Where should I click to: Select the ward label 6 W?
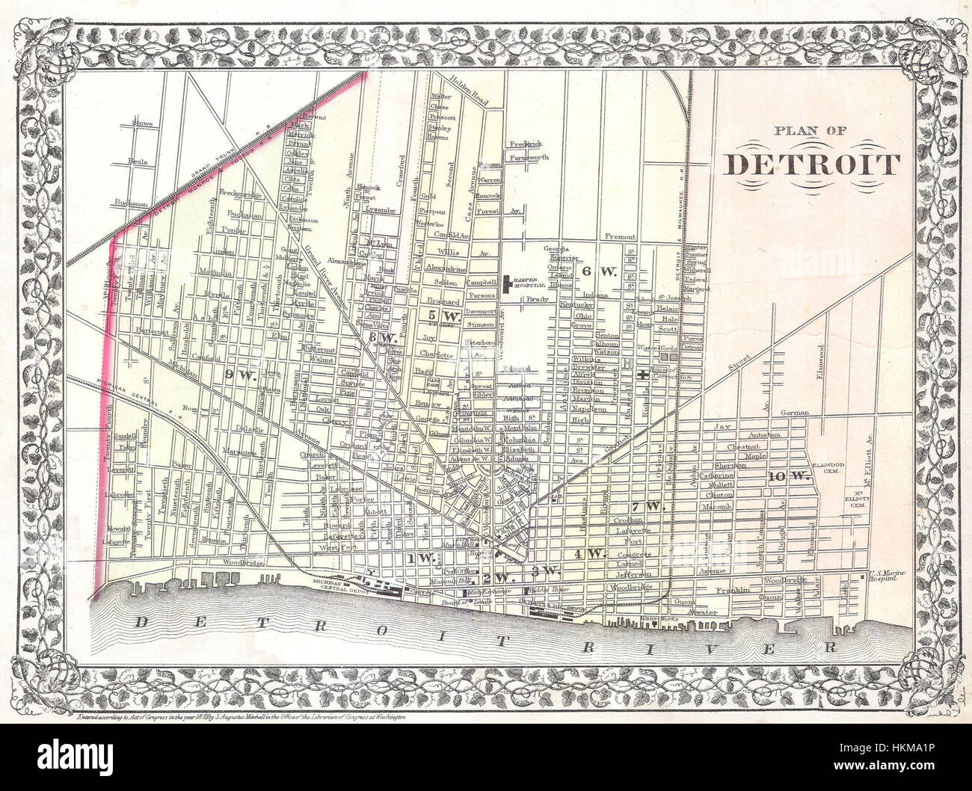click(x=598, y=271)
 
